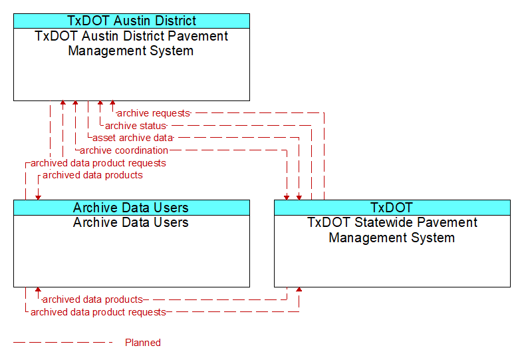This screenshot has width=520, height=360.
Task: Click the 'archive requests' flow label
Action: (x=154, y=113)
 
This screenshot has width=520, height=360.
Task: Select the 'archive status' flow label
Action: (x=135, y=126)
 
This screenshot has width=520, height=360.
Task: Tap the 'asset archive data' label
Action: (x=132, y=138)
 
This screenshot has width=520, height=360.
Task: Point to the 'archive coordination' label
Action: (x=124, y=150)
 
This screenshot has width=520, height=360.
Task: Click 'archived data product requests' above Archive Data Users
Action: (x=98, y=163)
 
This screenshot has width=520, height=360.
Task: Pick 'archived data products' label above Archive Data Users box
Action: (x=92, y=175)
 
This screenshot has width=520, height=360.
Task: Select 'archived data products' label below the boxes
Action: (x=92, y=299)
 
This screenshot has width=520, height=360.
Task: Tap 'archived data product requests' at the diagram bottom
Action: (x=98, y=312)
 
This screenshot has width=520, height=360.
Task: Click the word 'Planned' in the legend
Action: (x=142, y=343)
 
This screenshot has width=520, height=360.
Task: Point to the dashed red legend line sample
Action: (x=63, y=343)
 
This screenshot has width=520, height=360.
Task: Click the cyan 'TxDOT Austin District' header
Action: (x=132, y=21)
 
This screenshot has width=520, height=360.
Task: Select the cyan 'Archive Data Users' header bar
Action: (x=132, y=208)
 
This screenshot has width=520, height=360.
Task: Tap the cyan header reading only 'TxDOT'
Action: (x=392, y=208)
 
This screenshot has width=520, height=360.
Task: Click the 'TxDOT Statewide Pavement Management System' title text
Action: (x=392, y=230)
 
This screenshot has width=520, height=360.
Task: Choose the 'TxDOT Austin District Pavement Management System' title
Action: (x=131, y=43)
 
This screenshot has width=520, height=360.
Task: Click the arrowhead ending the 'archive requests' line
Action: (x=113, y=102)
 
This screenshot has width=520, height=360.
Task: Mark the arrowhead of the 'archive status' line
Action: (x=100, y=102)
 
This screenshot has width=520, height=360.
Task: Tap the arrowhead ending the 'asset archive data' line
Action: (x=299, y=198)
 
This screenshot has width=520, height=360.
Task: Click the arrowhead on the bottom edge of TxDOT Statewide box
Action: (x=299, y=289)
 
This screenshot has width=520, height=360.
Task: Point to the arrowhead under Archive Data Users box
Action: (x=38, y=289)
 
